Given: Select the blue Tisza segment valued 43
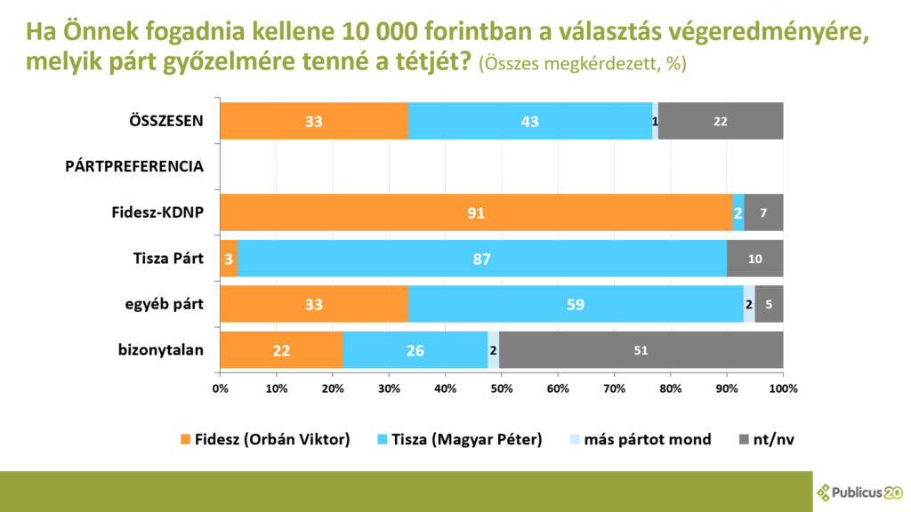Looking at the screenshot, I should [x=530, y=121].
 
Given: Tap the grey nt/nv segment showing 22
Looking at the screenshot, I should [x=721, y=121].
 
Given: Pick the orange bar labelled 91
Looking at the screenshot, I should [x=476, y=212].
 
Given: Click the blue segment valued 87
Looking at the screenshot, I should [x=482, y=259].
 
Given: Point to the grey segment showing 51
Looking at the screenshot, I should [x=641, y=350].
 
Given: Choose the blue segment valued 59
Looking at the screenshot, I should [x=576, y=304].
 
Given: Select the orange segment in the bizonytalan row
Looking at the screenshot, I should [x=281, y=350].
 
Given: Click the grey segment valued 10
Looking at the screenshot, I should [x=754, y=259].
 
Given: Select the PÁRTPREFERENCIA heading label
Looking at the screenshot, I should [x=134, y=166].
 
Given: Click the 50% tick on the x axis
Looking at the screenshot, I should [x=502, y=388].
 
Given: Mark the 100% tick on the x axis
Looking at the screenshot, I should [x=783, y=388].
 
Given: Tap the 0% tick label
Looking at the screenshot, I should [x=220, y=388].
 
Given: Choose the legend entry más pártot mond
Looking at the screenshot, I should [x=638, y=439].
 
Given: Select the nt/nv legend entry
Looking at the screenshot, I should [x=766, y=439].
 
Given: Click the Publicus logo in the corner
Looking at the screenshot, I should [x=859, y=492].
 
